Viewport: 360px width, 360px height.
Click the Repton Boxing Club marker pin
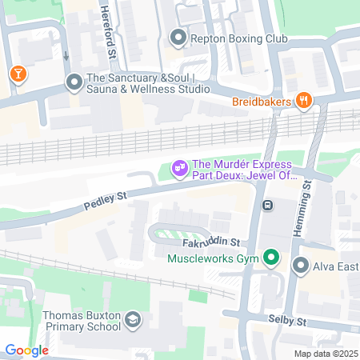[177, 36]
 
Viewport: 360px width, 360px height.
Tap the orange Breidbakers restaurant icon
[303, 101]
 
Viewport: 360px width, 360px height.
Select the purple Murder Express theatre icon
[180, 167]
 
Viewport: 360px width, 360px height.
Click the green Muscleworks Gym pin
[271, 258]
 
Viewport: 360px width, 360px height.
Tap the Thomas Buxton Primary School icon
[133, 322]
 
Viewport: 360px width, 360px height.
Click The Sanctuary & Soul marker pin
[74, 82]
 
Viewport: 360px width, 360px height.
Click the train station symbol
[268, 205]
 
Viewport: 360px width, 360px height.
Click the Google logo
[26, 350]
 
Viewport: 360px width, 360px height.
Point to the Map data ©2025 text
[325, 354]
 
